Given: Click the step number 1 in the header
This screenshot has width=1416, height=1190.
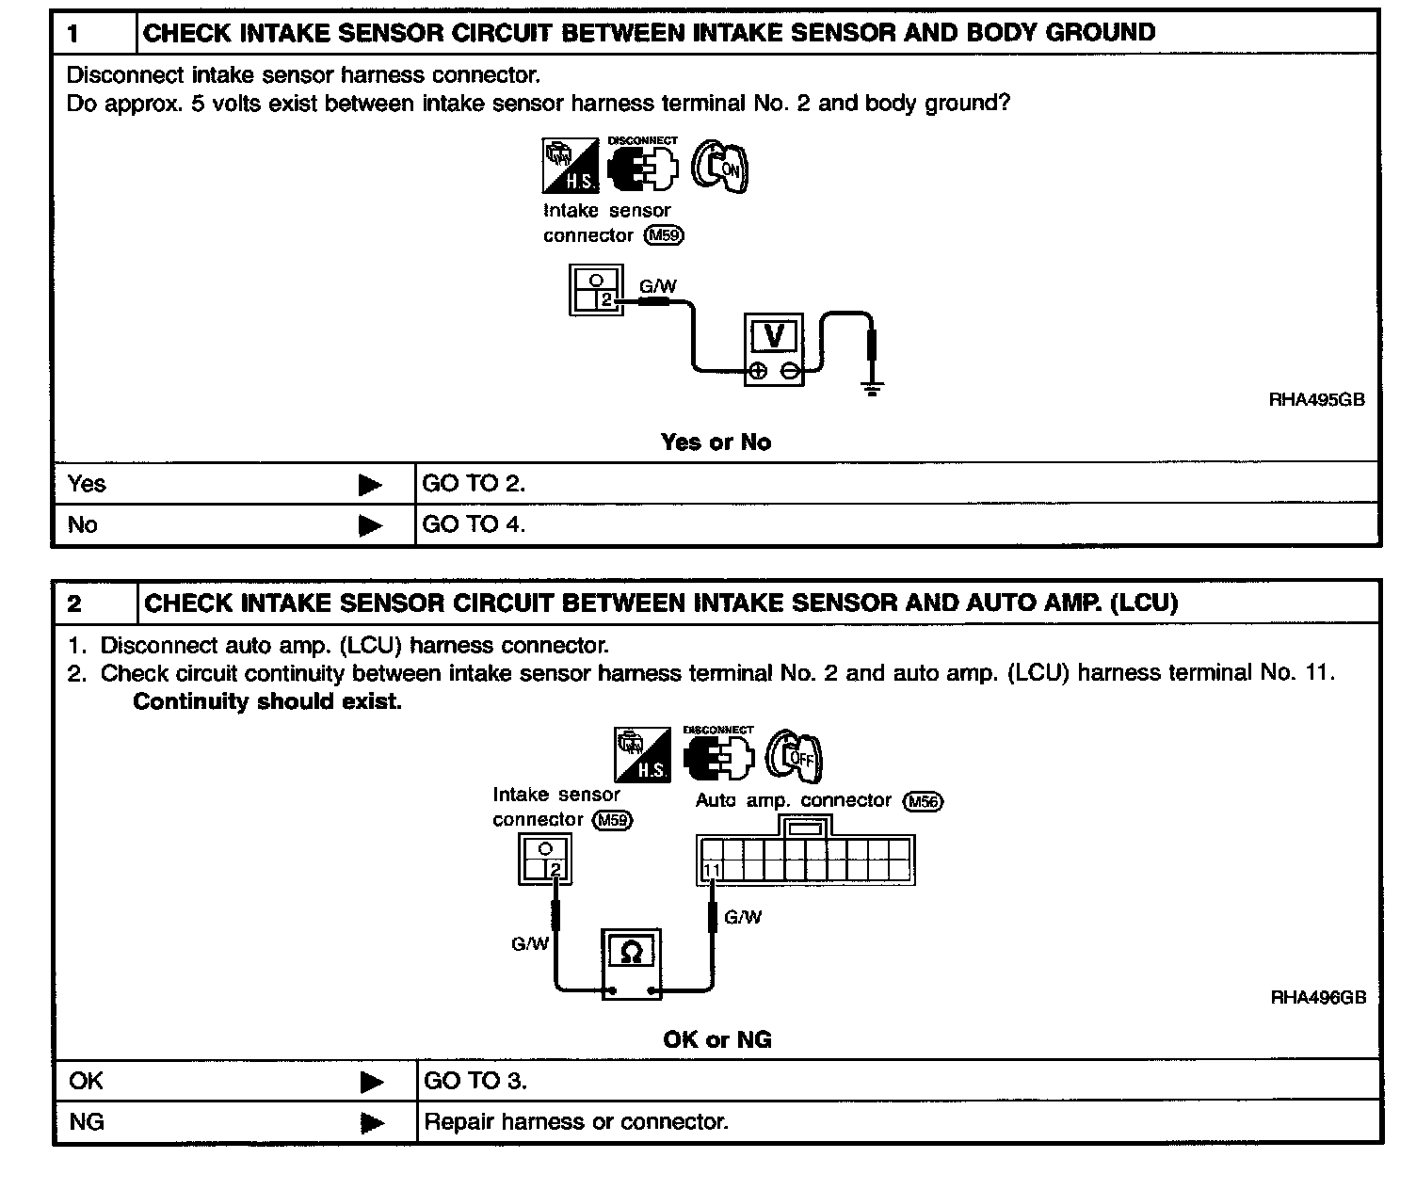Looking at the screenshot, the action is [x=73, y=33].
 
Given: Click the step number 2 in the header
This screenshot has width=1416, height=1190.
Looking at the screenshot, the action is [x=74, y=603].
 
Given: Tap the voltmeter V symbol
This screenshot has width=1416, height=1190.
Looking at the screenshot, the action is [x=774, y=336].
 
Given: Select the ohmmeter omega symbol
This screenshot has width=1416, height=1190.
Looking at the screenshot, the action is [x=632, y=953].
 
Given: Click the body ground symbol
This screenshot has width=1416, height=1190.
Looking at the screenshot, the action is [x=872, y=389].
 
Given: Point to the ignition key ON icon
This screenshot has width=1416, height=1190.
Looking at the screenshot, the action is [x=719, y=166].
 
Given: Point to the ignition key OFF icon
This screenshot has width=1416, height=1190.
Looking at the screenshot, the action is [x=794, y=756].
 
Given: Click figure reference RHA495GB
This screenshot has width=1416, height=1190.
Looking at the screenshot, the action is [x=1316, y=399].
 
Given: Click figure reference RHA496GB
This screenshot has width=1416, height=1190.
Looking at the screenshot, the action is [x=1318, y=997].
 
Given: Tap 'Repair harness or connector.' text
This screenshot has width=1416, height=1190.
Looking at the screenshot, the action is [x=576, y=1121].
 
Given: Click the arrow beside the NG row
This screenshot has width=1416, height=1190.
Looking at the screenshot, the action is [x=372, y=1123].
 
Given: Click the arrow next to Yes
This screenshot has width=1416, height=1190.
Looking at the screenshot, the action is [x=370, y=484].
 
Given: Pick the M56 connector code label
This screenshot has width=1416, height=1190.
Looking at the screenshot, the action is [x=923, y=801].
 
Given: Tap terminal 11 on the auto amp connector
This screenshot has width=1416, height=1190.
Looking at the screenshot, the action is [x=712, y=870].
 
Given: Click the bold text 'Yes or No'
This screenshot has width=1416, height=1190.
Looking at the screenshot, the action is [x=716, y=442].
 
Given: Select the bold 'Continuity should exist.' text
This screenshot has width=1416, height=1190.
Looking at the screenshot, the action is [x=267, y=701].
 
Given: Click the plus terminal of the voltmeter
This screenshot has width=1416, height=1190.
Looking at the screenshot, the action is [x=758, y=371].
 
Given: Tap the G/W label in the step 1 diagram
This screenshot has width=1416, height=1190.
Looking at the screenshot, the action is [x=658, y=286].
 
